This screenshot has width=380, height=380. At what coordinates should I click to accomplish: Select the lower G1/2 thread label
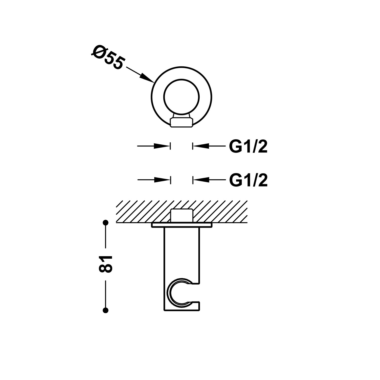coord(248,180)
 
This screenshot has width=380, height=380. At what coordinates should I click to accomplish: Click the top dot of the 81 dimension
coord(106,223)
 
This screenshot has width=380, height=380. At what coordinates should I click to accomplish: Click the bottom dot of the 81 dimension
coord(106,310)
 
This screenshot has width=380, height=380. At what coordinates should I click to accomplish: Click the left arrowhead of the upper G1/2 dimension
coord(162,146)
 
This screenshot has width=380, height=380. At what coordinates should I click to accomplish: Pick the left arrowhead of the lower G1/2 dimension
coord(162,180)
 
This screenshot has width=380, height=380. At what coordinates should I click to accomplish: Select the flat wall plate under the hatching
coord(182,225)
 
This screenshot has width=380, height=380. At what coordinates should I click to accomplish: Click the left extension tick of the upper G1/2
coord(170,146)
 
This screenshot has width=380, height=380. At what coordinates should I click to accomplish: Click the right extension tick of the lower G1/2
coord(193,180)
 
